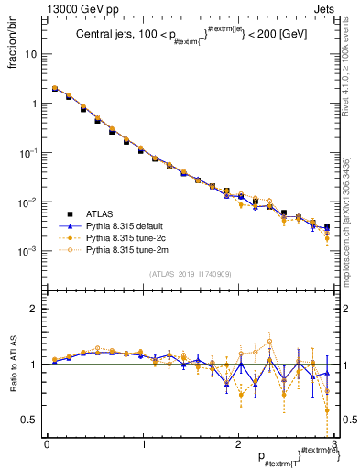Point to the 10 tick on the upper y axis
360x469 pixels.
pos(32,54)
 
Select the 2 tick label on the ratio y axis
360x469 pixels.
pos(35,310)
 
